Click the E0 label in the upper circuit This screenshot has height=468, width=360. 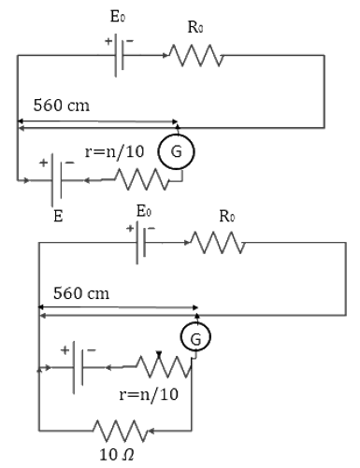[118, 16]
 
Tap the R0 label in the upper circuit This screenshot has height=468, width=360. [195, 27]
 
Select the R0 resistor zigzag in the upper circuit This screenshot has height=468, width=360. [196, 55]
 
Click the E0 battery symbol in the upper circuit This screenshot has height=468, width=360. [119, 55]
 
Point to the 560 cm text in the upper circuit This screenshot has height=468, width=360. [62, 105]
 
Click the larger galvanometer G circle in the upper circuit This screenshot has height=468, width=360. [177, 151]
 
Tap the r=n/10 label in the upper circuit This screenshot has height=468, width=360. [114, 151]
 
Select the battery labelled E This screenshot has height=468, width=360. [57, 180]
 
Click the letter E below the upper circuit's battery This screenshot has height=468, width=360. [58, 216]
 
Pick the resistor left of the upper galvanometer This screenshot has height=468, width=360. [142, 179]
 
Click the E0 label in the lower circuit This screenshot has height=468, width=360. [144, 211]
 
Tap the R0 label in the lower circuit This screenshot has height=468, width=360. [227, 216]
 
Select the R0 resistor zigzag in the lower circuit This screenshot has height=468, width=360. [218, 243]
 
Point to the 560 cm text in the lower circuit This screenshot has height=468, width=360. [81, 293]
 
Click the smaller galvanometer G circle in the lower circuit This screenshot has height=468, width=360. [195, 337]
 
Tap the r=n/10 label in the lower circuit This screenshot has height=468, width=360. [149, 394]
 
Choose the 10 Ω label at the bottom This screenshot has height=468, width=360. [117, 455]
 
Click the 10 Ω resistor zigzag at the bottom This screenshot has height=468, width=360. [121, 431]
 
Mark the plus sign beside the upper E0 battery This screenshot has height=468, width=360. [108, 41]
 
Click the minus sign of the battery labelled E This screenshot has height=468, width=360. [70, 163]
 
